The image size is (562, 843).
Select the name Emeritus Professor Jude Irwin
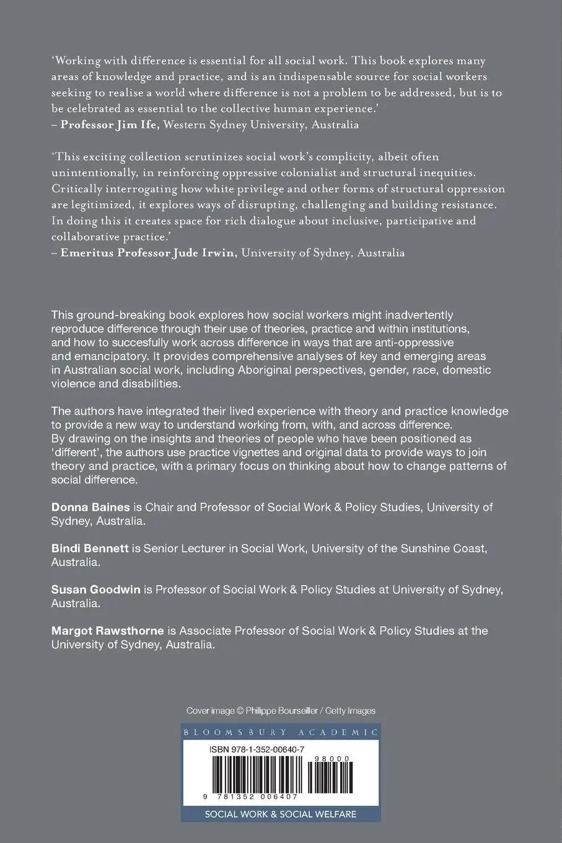click(x=149, y=253)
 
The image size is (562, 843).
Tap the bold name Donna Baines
click(x=90, y=507)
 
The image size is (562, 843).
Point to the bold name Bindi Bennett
click(x=90, y=549)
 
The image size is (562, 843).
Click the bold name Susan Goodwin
click(x=96, y=589)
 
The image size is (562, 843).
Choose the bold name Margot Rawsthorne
click(x=107, y=630)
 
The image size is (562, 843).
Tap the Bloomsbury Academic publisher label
click(x=281, y=732)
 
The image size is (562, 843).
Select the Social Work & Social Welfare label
click(x=281, y=814)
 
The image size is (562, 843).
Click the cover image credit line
click(x=281, y=711)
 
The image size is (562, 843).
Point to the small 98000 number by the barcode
click(x=333, y=759)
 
